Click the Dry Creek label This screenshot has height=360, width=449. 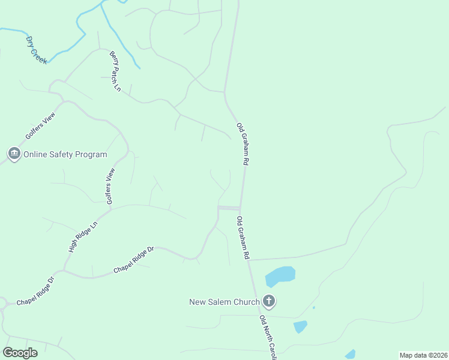(x=36, y=50)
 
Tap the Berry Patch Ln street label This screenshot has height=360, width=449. (x=115, y=71)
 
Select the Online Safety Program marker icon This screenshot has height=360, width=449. (x=14, y=154)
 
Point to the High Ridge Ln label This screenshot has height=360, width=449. (x=83, y=237)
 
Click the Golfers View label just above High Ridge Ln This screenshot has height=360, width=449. (x=110, y=186)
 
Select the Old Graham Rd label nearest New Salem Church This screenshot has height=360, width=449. (x=243, y=238)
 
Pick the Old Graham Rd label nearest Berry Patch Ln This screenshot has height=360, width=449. (x=243, y=144)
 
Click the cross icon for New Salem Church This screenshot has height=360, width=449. (x=269, y=302)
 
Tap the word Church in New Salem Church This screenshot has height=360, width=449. (x=246, y=302)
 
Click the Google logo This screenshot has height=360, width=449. (x=20, y=353)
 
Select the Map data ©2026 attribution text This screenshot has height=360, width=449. (x=423, y=355)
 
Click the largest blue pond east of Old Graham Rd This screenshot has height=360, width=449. (x=280, y=276)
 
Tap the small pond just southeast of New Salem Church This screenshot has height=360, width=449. (x=300, y=326)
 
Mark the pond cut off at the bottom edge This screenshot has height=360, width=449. (x=350, y=355)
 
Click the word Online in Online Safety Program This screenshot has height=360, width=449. (x=35, y=154)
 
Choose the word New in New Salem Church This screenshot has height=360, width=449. (x=197, y=302)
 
